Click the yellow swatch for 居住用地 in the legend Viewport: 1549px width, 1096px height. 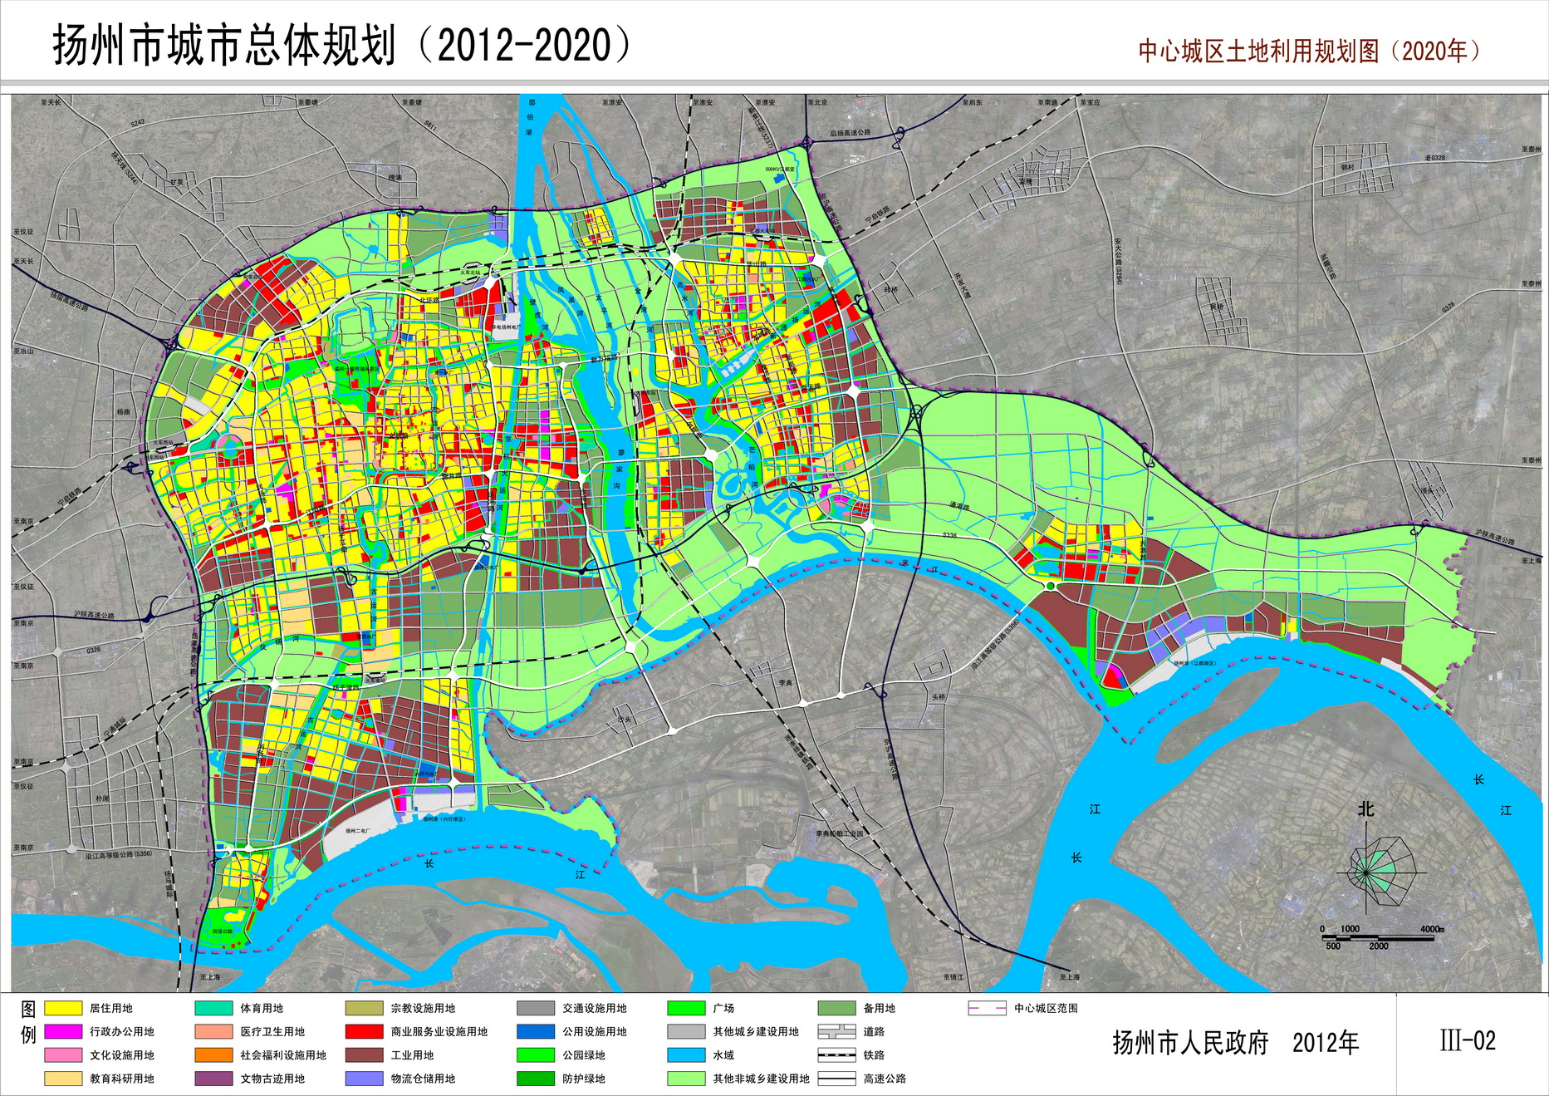pos(62,1008)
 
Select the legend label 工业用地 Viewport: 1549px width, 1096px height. pos(412,1055)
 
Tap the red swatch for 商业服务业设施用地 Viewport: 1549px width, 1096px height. pos(364,1032)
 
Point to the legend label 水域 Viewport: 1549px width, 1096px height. pos(723,1055)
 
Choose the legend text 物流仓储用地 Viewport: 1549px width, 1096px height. pos(423,1079)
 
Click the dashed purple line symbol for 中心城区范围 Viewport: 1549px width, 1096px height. pos(987,1008)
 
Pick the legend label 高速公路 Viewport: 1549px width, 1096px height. pos(885,1079)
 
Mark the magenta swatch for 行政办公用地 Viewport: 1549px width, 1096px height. pos(62,1032)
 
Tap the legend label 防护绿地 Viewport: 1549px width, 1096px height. pos(584,1079)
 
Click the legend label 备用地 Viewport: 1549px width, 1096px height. pos(879,1008)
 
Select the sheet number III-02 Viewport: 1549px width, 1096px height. pos(1468,1040)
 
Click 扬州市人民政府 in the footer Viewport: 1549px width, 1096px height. pos(1190,1043)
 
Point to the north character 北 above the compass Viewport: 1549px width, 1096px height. pos(1365,808)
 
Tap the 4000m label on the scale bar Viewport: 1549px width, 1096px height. pos(1432,929)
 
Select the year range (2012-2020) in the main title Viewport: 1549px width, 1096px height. pos(524,45)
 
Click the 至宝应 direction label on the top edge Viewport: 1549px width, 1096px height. pos(1089,102)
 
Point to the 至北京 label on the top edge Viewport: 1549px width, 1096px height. pos(817,102)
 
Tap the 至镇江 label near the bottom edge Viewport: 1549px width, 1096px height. pos(953,977)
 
